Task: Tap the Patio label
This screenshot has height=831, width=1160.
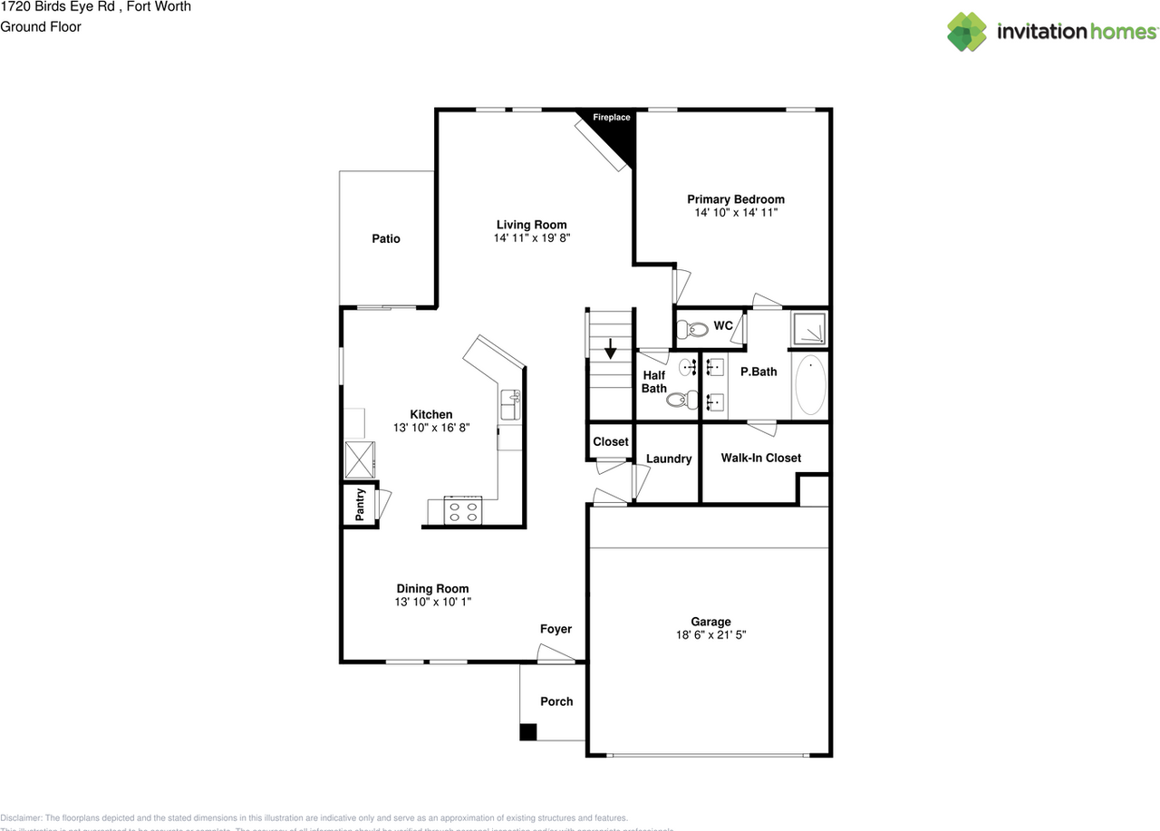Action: click(386, 238)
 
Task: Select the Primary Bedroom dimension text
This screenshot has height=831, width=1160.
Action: click(736, 212)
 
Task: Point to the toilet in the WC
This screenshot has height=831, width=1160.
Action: click(693, 329)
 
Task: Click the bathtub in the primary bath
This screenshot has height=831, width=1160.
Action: click(810, 385)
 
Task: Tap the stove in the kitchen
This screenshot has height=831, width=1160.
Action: click(465, 511)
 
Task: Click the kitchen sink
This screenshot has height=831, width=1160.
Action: click(511, 405)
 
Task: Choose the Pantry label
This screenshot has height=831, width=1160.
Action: click(360, 505)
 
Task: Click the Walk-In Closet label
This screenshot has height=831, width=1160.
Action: click(761, 458)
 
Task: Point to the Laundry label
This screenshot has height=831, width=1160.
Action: click(669, 459)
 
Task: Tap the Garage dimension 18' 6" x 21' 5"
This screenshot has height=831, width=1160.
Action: click(710, 635)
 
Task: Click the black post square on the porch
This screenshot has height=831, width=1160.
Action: click(528, 732)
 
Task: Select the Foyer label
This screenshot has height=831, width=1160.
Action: click(556, 629)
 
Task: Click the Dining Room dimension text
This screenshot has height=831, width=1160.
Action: click(432, 602)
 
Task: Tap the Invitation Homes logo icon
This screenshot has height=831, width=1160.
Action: click(967, 32)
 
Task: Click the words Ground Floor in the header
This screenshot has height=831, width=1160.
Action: click(41, 26)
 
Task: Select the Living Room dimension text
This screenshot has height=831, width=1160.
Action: click(532, 237)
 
